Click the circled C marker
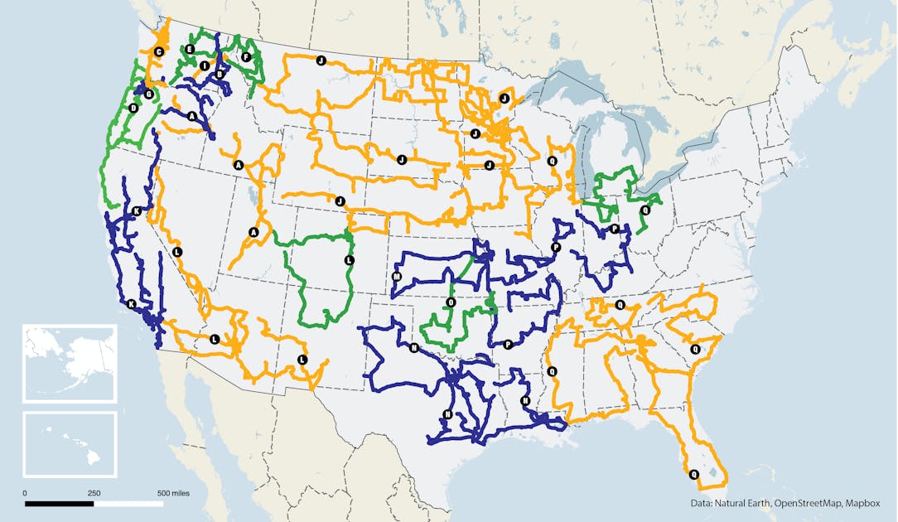159,51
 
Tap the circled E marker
190,50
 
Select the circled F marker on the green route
246,56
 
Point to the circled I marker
204,65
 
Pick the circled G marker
148,94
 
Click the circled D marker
133,108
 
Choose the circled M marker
397,277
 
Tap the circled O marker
450,302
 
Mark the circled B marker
220,75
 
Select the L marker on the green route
349,260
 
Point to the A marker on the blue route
193,116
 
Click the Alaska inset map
70,363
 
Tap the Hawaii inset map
70,444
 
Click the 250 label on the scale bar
94,493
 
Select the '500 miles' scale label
174,493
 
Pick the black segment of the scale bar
59,503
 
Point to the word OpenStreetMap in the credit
804,503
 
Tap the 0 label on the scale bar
25,493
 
